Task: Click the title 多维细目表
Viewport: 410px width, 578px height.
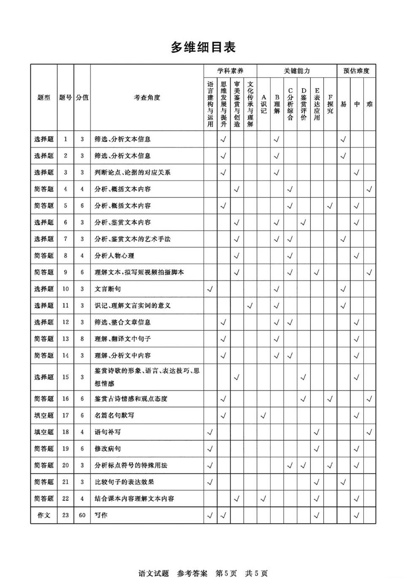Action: point(203,47)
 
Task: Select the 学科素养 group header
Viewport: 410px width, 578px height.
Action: point(230,71)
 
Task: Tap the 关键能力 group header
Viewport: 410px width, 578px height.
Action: point(296,71)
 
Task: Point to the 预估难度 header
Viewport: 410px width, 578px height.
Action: point(356,71)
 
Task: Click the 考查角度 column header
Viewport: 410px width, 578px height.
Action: point(147,98)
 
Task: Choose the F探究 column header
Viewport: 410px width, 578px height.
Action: point(330,104)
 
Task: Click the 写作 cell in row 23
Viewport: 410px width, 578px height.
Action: point(101,515)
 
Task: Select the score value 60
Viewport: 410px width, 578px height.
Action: point(82,515)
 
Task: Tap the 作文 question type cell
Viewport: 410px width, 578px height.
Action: point(44,515)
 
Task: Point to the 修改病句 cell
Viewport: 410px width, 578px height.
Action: point(108,448)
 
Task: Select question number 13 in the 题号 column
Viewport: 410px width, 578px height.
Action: point(65,339)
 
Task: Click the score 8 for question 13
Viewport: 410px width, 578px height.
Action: point(82,339)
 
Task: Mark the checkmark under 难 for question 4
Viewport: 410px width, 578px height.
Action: point(369,189)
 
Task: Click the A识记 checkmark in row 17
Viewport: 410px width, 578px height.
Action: point(263,415)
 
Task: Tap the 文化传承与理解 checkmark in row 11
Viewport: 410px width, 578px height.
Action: point(250,306)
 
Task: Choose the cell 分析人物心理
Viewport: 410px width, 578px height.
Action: point(114,256)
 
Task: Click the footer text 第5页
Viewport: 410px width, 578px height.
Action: point(226,573)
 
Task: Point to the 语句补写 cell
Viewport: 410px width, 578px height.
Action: point(108,432)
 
